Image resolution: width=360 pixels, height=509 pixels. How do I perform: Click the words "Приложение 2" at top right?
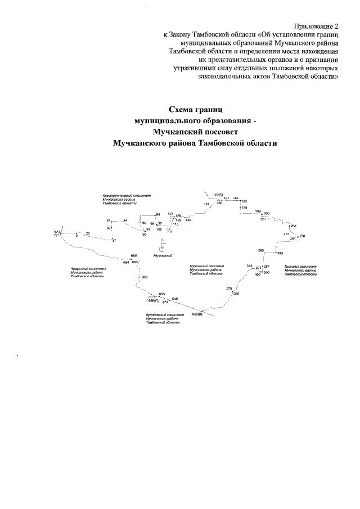pos(317,26)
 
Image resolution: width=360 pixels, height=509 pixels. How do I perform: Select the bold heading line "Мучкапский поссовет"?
pos(196,132)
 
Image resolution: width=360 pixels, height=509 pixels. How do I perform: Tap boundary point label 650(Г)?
pos(146,300)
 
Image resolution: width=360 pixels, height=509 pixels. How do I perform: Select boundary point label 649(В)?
pos(197,314)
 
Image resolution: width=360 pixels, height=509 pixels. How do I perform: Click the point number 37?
pos(114,241)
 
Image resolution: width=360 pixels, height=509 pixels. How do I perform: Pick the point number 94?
pos(159,214)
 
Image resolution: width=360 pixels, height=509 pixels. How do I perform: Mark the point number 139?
pos(188,220)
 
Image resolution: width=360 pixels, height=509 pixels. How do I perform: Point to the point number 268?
pos(294,226)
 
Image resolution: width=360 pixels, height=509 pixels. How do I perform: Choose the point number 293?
pos(280,254)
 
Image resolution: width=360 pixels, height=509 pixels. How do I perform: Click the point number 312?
pos(249,265)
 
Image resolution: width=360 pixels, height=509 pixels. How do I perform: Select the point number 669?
pos(145,278)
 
